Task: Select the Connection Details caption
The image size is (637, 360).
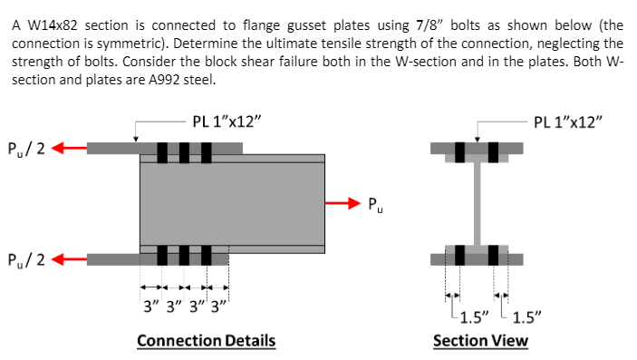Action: click(206, 341)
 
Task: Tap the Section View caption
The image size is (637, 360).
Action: click(480, 341)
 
